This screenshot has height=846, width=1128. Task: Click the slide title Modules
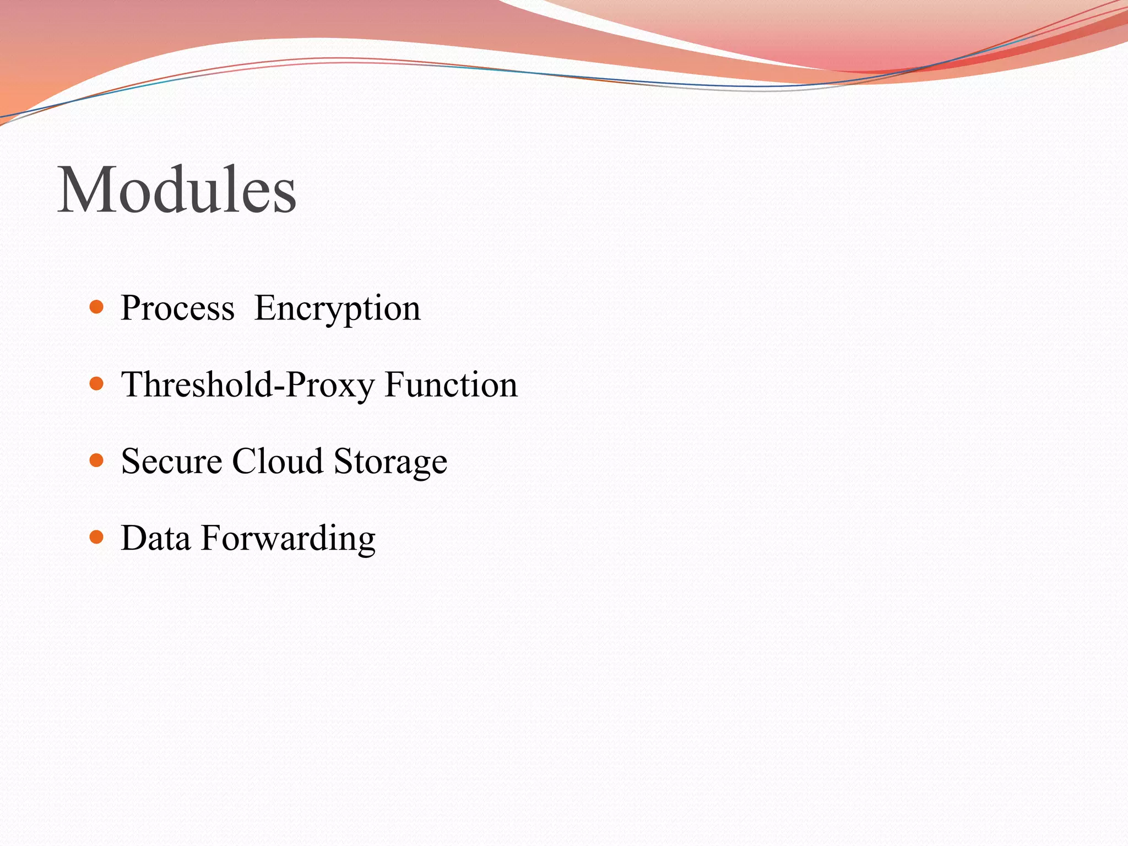177,190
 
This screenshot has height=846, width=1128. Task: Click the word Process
177,308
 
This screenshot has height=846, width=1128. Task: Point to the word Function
451,385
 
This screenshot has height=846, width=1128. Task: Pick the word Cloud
277,462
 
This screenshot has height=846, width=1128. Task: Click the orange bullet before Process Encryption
96,307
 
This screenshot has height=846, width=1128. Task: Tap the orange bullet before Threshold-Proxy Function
96,383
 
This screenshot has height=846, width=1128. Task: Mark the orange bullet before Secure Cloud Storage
96,460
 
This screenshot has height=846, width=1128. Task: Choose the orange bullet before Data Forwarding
96,537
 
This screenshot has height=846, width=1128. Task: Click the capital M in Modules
85,190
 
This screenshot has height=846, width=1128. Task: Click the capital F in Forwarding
211,538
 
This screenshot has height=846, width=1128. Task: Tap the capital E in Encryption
264,308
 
